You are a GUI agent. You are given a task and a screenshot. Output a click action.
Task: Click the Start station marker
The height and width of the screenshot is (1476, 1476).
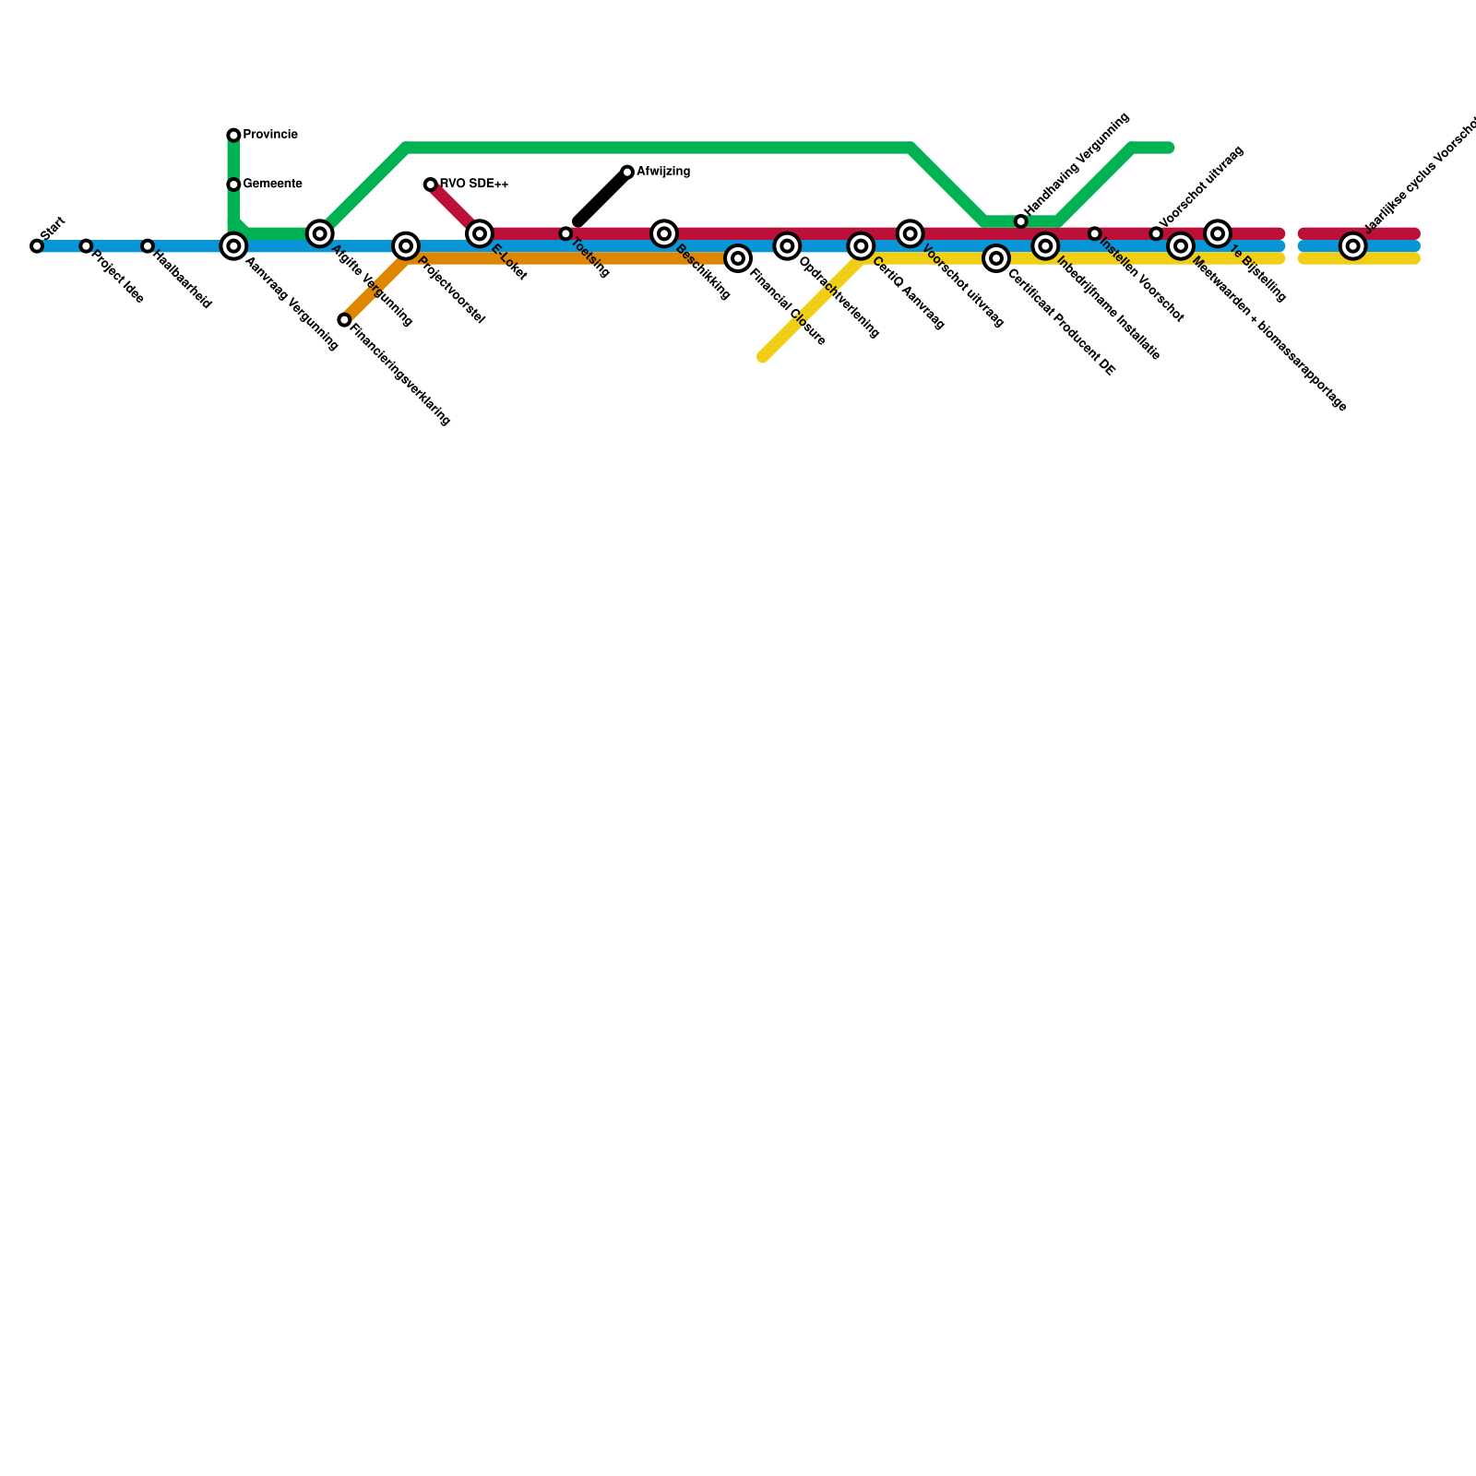tap(37, 246)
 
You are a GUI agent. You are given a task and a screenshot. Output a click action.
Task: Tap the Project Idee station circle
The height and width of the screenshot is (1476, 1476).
tap(86, 246)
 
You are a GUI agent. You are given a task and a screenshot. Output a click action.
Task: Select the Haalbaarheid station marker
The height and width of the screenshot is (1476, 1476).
tap(148, 246)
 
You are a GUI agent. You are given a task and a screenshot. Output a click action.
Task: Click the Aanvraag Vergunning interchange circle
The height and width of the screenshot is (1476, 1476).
tap(234, 246)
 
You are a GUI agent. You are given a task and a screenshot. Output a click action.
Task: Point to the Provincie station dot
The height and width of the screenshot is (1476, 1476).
tap(234, 136)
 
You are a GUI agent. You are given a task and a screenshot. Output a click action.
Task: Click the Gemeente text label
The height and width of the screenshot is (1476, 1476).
tap(272, 184)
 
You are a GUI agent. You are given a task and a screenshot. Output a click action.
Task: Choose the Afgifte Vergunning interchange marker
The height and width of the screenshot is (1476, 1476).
tap(320, 233)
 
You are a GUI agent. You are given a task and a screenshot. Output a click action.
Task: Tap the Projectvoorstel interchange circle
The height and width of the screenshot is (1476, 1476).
tap(406, 246)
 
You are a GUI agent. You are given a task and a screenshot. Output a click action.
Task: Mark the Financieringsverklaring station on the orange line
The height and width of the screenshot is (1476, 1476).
tap(344, 320)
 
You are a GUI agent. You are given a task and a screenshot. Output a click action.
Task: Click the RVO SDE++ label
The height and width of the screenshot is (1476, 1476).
tap(474, 184)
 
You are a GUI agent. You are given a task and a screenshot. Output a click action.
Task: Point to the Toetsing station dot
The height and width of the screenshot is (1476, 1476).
tap(566, 233)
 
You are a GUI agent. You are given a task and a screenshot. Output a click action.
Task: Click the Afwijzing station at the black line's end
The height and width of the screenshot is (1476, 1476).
tap(627, 173)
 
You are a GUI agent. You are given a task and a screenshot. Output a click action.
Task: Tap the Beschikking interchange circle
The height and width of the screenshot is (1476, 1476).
tap(664, 233)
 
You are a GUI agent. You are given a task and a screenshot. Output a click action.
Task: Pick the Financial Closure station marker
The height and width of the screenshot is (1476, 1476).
tap(738, 258)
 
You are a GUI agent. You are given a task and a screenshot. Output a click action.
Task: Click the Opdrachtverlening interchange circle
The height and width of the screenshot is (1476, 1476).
tap(787, 246)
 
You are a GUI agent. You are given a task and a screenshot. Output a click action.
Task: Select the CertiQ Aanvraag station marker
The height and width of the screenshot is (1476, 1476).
tap(861, 246)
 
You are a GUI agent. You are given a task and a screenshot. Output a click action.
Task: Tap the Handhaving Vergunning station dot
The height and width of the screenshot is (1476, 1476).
tap(1020, 221)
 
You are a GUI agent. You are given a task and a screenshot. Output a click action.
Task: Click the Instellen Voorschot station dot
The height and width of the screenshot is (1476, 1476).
tap(1095, 233)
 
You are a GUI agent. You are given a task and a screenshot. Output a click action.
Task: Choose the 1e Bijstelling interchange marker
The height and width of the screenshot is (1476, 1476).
tap(1218, 233)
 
